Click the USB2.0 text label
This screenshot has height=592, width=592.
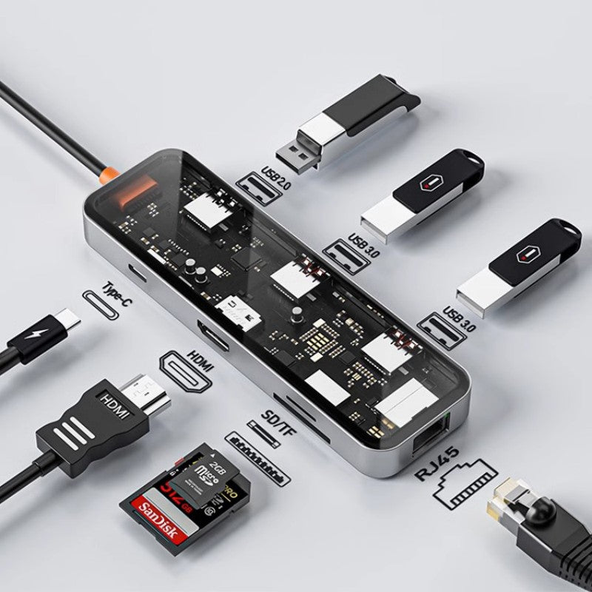click(275, 180)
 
